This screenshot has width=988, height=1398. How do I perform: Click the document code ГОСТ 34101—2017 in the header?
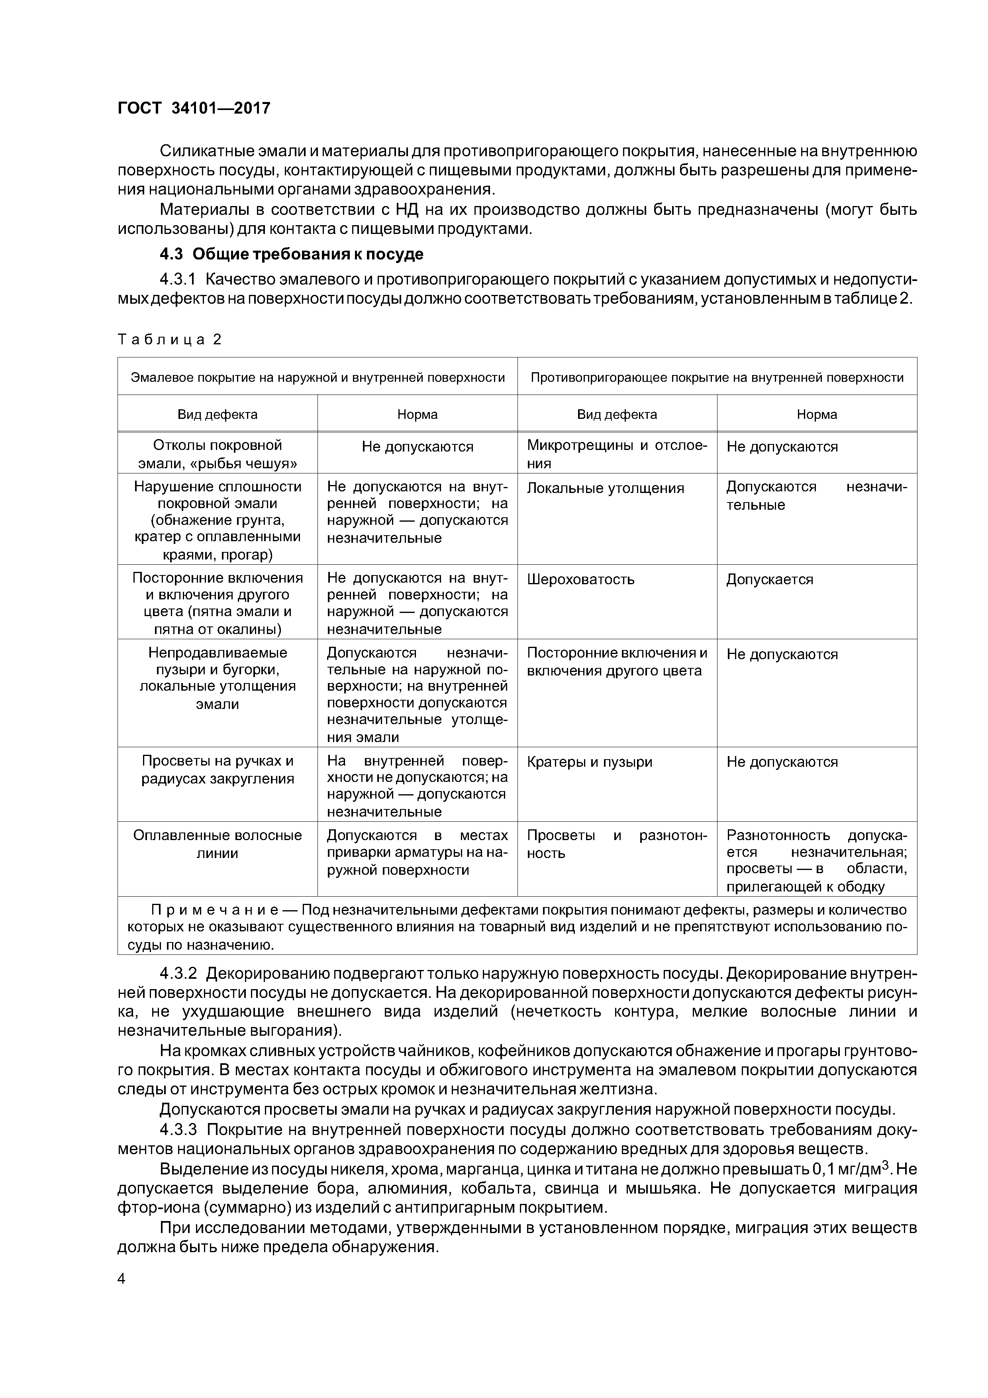(x=194, y=108)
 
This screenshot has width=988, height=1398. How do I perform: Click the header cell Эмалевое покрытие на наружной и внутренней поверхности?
(x=318, y=377)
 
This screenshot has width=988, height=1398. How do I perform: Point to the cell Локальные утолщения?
(x=605, y=488)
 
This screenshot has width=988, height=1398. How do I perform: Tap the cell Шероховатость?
(x=580, y=579)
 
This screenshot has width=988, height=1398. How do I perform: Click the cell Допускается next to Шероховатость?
(x=769, y=579)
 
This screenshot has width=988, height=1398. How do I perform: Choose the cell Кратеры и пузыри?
(x=589, y=762)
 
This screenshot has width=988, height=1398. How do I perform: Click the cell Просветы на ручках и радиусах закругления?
(x=218, y=770)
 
